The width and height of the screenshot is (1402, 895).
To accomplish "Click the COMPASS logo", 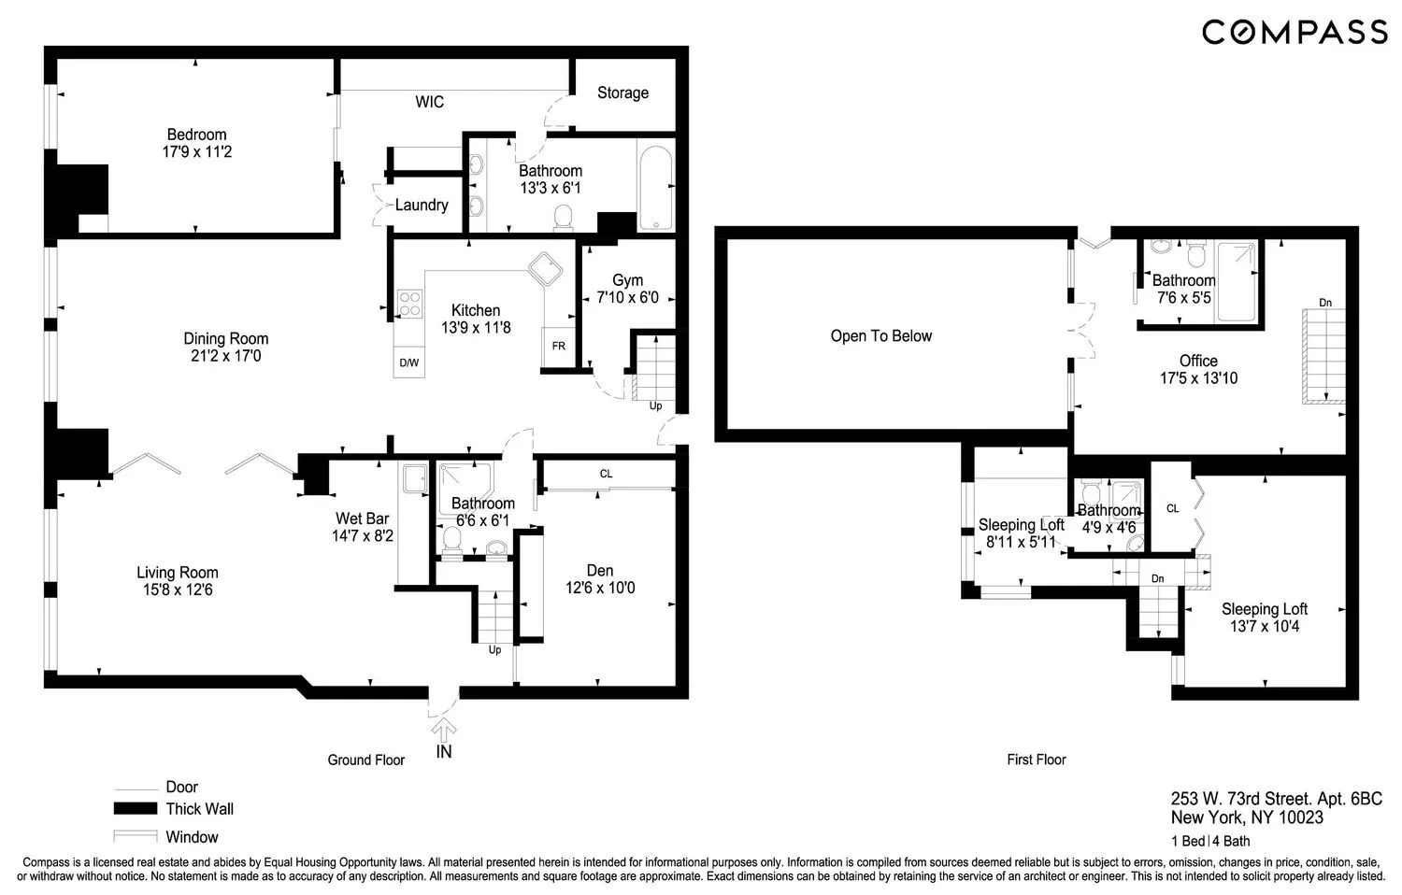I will (x=1294, y=33).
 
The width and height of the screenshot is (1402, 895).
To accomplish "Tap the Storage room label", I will (x=622, y=92).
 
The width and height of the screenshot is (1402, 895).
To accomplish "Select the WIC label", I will (x=430, y=102).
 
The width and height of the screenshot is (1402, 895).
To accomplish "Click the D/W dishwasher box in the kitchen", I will (x=409, y=362).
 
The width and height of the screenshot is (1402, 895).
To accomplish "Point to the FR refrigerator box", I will (x=558, y=347).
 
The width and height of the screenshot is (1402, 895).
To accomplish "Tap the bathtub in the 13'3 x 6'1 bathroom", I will (x=655, y=187).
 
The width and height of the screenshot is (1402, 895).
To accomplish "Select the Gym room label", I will (x=627, y=280).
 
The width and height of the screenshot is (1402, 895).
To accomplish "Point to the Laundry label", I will (x=422, y=205).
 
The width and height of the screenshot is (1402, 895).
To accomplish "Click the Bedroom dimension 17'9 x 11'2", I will (x=196, y=151).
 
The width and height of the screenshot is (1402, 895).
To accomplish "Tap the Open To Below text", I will (x=880, y=336).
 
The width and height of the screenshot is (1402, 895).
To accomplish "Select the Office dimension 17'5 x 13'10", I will (x=1198, y=378).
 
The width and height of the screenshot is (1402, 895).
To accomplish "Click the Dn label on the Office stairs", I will (x=1324, y=303).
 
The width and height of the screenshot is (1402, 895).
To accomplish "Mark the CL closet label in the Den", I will (x=606, y=475).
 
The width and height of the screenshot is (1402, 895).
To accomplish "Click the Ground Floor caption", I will (x=365, y=760).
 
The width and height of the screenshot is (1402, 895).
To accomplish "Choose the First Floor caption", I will (x=1036, y=760).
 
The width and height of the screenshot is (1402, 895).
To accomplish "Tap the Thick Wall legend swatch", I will (x=134, y=809).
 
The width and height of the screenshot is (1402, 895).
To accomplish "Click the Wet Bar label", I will (x=362, y=519).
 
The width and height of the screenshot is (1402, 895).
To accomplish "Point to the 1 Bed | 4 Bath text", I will (x=1210, y=841).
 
